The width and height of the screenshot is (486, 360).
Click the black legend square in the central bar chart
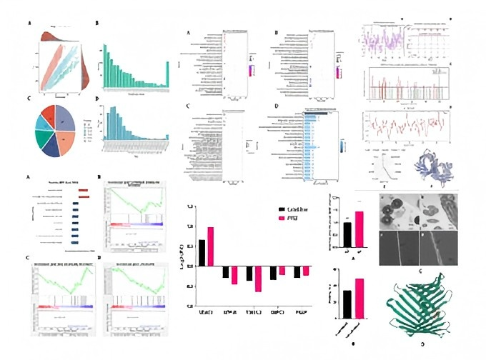pos(282,210)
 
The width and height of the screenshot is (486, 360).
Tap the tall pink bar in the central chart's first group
pos(210,247)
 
